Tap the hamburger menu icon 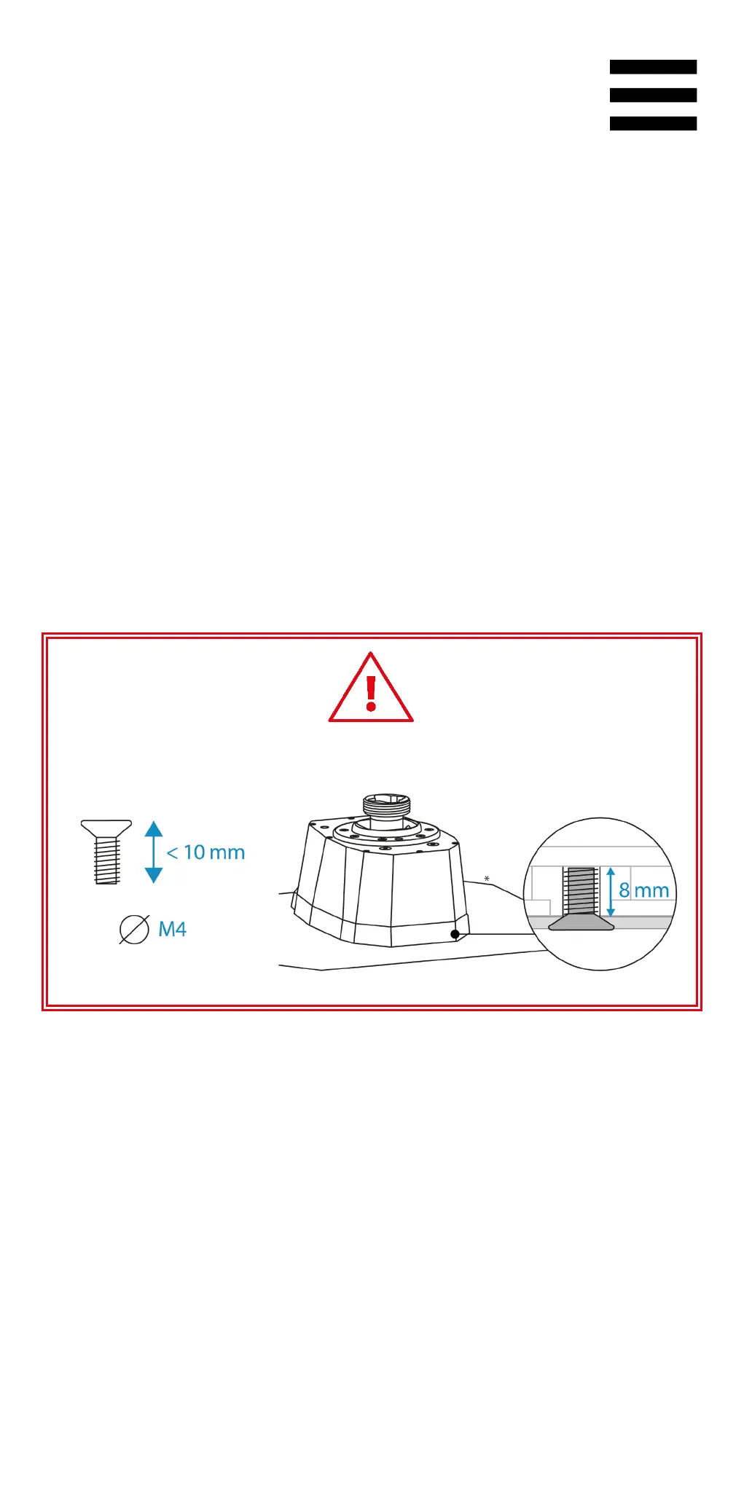click(653, 95)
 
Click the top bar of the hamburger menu click(653, 67)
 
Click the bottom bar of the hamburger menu click(653, 124)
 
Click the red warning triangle click(371, 691)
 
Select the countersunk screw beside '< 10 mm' click(106, 852)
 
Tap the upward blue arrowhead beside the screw click(154, 829)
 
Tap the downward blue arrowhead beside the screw click(154, 874)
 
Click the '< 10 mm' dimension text click(206, 852)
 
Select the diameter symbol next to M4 click(134, 930)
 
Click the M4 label click(173, 930)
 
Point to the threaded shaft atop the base click(386, 807)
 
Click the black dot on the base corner click(455, 934)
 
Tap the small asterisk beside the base click(487, 879)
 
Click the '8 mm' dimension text click(644, 890)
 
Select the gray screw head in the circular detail click(581, 924)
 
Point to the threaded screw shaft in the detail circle click(581, 891)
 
